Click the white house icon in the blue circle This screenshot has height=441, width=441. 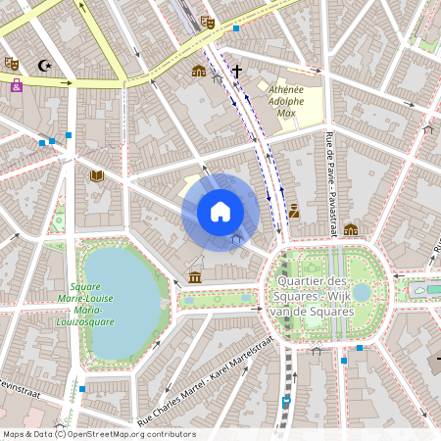click(x=220, y=211)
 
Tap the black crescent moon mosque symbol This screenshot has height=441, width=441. click(x=43, y=66)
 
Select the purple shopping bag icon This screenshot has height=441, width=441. click(x=17, y=85)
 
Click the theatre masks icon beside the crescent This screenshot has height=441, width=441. click(x=12, y=63)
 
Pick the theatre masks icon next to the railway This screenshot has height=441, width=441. click(x=207, y=22)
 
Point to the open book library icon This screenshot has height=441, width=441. click(x=96, y=176)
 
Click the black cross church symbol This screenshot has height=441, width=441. click(x=236, y=71)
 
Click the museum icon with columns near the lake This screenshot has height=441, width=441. click(x=195, y=278)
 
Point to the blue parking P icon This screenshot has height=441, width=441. click(x=286, y=402)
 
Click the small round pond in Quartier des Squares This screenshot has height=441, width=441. click(x=362, y=292)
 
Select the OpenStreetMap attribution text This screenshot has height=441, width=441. click(x=99, y=434)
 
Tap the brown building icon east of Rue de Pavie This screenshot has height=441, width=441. click(x=351, y=229)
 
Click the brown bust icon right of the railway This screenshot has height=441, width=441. click(x=294, y=210)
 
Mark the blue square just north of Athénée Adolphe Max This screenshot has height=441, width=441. click(x=236, y=28)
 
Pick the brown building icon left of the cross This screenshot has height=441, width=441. click(x=199, y=71)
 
